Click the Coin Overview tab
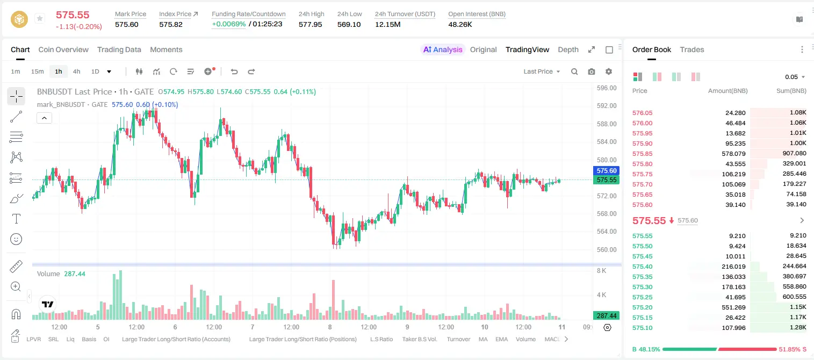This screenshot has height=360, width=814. point(63,49)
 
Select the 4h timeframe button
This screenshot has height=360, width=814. point(76,71)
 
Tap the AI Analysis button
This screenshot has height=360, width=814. point(443,49)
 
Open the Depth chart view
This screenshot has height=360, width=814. point(568,49)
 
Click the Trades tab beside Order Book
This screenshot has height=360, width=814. point(692,49)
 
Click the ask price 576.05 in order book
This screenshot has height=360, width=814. point(642,113)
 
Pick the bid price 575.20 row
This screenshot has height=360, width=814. point(642,307)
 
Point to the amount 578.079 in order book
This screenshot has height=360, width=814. point(733,154)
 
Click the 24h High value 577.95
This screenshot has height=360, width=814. point(311,24)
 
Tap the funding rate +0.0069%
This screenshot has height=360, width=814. point(229,24)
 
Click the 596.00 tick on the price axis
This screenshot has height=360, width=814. point(607,88)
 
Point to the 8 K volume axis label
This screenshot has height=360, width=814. point(601,271)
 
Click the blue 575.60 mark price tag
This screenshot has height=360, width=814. point(606,170)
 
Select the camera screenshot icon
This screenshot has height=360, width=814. point(592,71)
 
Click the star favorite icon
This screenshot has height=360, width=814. point(40,18)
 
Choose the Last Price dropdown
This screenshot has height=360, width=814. point(542,71)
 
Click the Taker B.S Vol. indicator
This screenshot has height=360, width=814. point(420,339)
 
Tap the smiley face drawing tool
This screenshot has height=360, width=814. point(16,239)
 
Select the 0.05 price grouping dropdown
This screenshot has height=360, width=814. point(795,77)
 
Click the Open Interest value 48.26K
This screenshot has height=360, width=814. point(460,24)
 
